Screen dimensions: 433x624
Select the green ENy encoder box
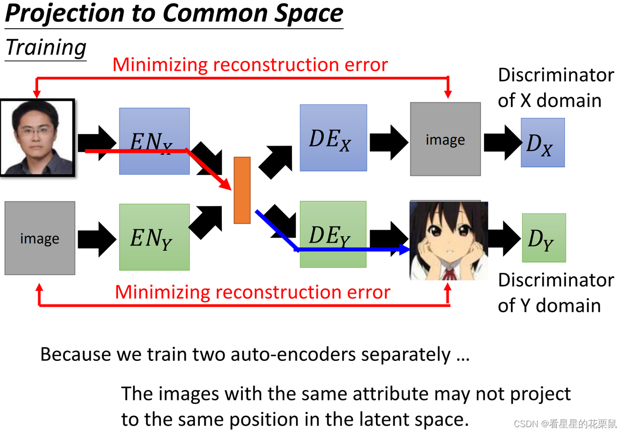(154, 237)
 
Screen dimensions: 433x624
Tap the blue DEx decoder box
(333, 138)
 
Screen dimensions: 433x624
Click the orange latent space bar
(242, 190)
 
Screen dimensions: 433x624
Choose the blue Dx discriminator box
(543, 143)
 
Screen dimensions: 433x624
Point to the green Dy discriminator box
(544, 238)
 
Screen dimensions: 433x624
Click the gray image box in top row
(445, 139)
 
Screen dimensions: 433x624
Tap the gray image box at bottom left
(40, 238)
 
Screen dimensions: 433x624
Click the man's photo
(38, 137)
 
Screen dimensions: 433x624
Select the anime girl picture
(448, 241)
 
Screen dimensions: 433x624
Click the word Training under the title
(46, 48)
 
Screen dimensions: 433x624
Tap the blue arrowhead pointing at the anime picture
(404, 249)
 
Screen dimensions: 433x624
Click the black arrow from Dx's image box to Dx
(502, 142)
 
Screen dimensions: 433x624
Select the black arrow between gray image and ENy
(97, 239)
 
